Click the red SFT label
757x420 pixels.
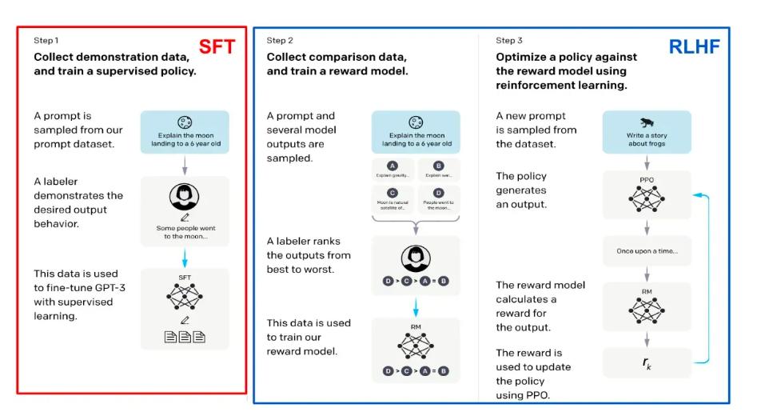pyautogui.click(x=217, y=46)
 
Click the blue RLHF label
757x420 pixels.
pyautogui.click(x=694, y=47)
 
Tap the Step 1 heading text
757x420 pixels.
pyautogui.click(x=46, y=41)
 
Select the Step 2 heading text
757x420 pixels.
pyautogui.click(x=280, y=41)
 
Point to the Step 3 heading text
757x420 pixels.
pyautogui.click(x=509, y=41)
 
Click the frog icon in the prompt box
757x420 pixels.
pyautogui.click(x=647, y=122)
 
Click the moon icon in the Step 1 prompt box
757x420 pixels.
pyautogui.click(x=185, y=122)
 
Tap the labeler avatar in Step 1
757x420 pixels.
pyautogui.click(x=185, y=197)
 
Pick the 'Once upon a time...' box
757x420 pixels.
pyautogui.click(x=647, y=251)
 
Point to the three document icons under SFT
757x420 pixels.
pyautogui.click(x=185, y=337)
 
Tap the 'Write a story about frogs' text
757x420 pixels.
pyautogui.click(x=647, y=140)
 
